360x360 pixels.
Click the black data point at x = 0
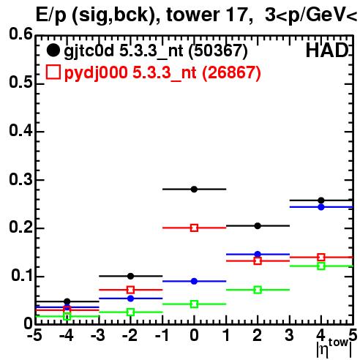194,189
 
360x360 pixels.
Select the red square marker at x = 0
194,228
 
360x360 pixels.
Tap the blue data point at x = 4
321,207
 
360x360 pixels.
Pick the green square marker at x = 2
258,290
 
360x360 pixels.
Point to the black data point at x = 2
258,226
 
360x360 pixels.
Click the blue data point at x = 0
194,281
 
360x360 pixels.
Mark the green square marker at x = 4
321,266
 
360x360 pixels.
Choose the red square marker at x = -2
131,290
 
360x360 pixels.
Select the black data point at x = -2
131,276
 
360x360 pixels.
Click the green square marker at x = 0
194,304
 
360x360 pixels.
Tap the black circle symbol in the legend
53,50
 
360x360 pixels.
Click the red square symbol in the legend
53,72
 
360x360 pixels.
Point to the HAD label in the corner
327,50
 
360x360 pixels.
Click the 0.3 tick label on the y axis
20,179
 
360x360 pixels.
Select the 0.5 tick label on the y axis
20,83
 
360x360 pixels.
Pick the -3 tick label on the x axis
98,336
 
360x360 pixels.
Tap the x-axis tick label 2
258,336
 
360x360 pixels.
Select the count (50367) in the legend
218,50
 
